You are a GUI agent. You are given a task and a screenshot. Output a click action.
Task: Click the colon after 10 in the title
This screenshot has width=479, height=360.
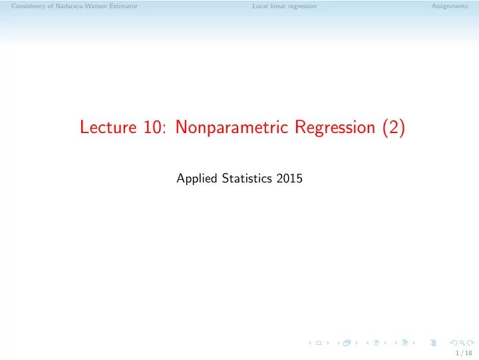166,130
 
